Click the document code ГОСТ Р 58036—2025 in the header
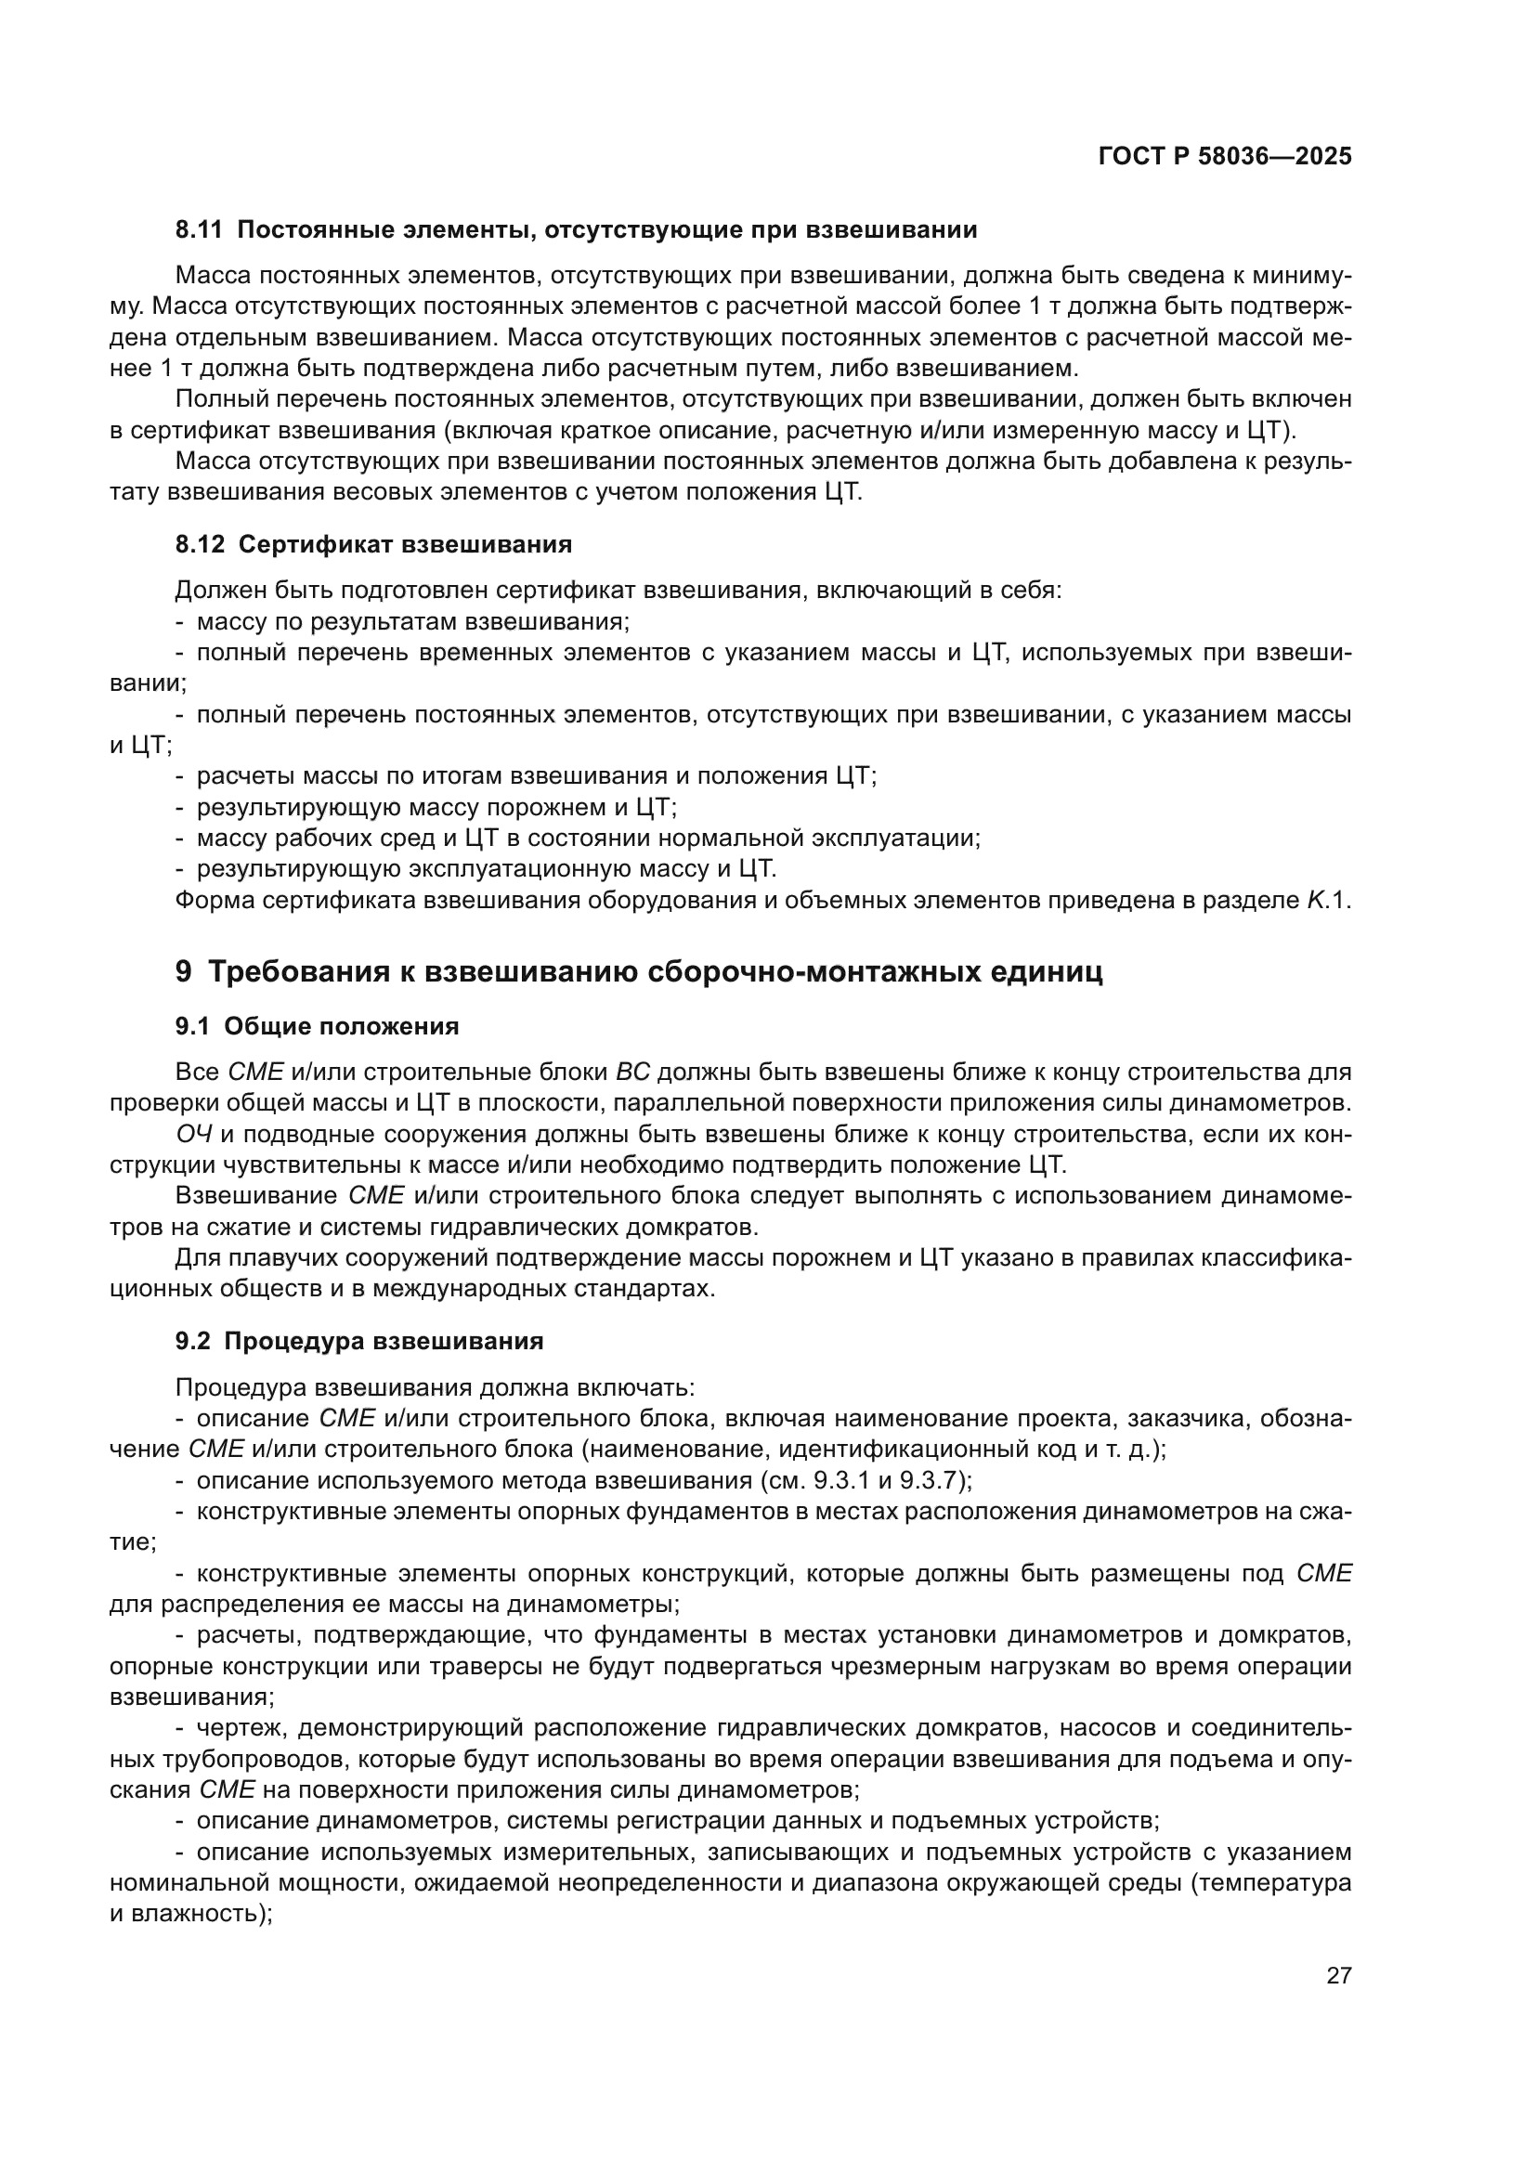tap(1225, 156)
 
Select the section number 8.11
tap(199, 230)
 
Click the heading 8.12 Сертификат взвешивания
tap(373, 544)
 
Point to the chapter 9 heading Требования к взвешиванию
tap(638, 971)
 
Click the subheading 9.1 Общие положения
tap(317, 1026)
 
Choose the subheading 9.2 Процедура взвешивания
tap(359, 1342)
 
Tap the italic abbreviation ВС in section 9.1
tap(632, 1073)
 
